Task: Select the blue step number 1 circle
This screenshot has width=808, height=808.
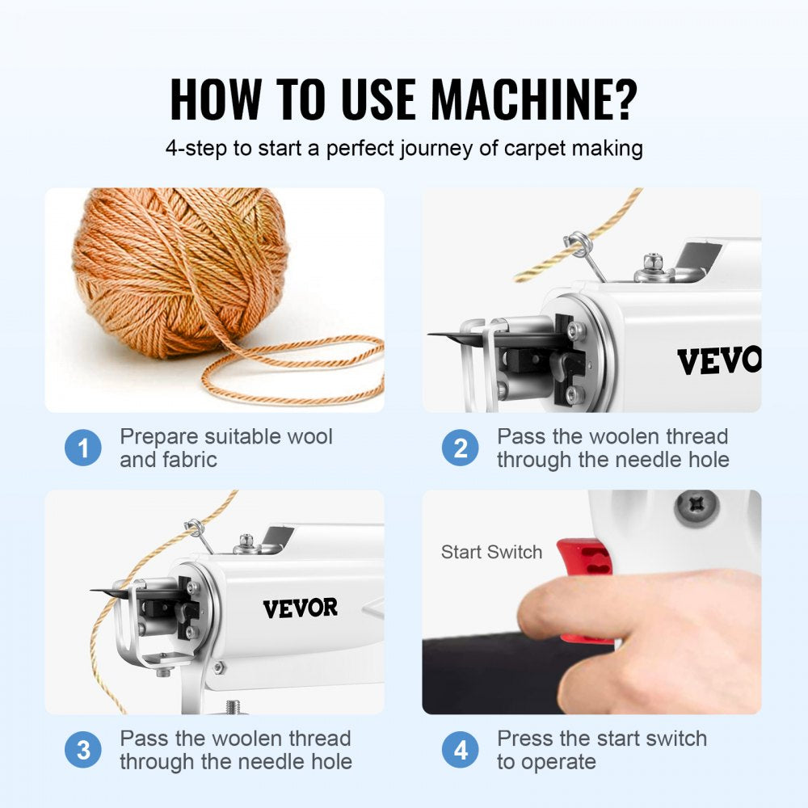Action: [x=83, y=448]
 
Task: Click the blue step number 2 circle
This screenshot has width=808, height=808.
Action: [x=461, y=448]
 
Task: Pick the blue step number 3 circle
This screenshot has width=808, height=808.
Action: [x=83, y=751]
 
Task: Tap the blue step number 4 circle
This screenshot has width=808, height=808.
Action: [x=461, y=751]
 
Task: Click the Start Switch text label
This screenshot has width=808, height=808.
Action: [x=491, y=553]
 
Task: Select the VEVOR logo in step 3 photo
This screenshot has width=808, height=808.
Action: [x=300, y=608]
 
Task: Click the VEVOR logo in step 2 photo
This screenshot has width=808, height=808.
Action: [x=718, y=361]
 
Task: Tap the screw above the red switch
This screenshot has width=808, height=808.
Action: [x=696, y=507]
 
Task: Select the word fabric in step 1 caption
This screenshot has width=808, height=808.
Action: [x=190, y=460]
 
